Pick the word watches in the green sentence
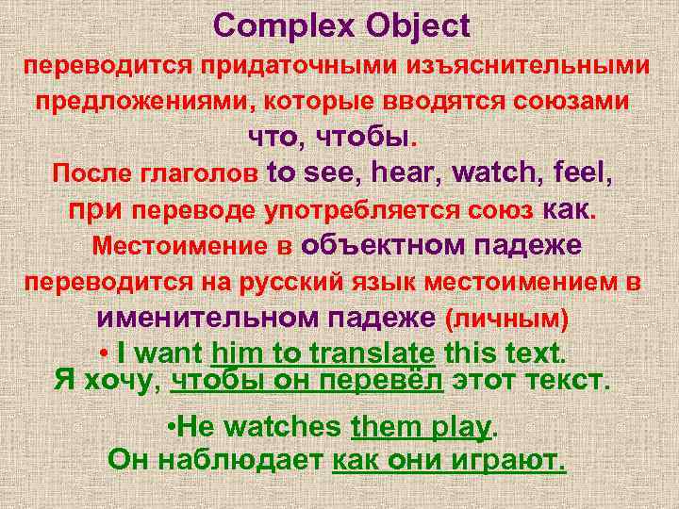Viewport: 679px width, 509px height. coord(284,427)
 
